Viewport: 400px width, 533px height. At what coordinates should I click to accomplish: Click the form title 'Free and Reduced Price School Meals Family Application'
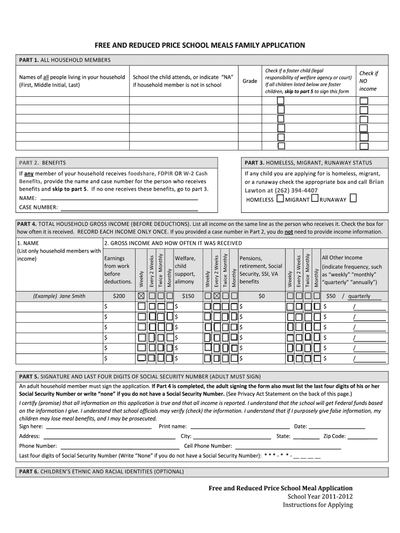[199, 45]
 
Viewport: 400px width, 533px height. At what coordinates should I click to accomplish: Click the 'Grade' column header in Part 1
[250, 81]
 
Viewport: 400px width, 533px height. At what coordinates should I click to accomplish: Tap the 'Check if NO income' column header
[368, 81]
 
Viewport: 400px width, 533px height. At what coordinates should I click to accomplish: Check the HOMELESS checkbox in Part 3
[280, 199]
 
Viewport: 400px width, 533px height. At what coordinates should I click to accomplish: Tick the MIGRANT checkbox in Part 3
[315, 199]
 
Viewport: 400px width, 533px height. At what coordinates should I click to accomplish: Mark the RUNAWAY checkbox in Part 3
[353, 199]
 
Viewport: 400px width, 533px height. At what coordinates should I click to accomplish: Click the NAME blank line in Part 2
[119, 199]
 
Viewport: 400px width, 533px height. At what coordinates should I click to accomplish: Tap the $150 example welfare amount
[188, 296]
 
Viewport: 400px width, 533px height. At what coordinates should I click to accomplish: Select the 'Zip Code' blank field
[363, 436]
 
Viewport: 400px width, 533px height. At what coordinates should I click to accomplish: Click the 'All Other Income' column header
[342, 258]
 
